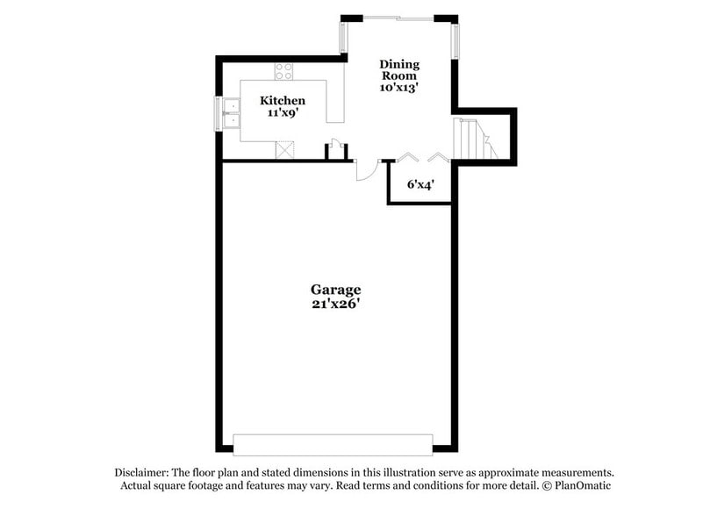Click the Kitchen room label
(x=283, y=101)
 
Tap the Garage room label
(x=335, y=289)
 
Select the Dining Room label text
(x=399, y=69)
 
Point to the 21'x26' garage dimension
(x=335, y=304)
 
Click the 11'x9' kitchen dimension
(x=283, y=113)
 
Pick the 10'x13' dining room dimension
(x=399, y=88)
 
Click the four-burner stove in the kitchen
(x=283, y=71)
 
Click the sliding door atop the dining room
(x=398, y=17)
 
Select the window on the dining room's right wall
(x=455, y=39)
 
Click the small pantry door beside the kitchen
(x=333, y=150)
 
